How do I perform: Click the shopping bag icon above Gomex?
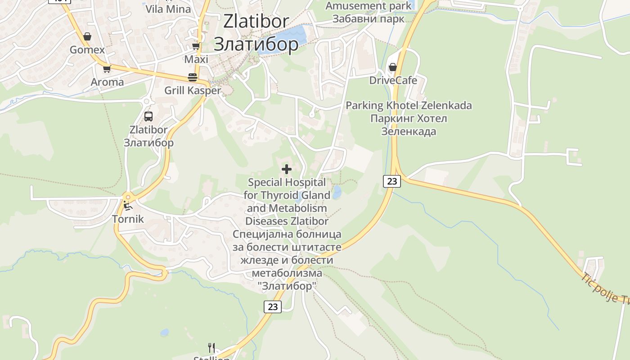[x=87, y=36]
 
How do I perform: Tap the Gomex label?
[x=87, y=50]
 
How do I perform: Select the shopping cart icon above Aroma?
[x=107, y=69]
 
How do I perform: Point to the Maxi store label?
[x=196, y=59]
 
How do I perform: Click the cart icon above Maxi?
[x=196, y=46]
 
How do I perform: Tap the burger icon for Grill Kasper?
[x=193, y=77]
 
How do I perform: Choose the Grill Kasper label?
[x=193, y=90]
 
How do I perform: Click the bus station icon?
[x=148, y=117]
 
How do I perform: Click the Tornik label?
[x=128, y=219]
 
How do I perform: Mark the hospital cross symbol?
[x=287, y=169]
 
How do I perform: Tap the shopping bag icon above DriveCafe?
[x=393, y=67]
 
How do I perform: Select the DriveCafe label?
[x=393, y=81]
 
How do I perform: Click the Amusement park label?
[x=369, y=6]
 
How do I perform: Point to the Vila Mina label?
[x=168, y=9]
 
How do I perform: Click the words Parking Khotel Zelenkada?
[x=409, y=106]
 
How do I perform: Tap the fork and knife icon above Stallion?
[x=211, y=347]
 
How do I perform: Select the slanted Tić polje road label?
[x=605, y=289]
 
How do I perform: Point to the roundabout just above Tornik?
[x=128, y=197]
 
